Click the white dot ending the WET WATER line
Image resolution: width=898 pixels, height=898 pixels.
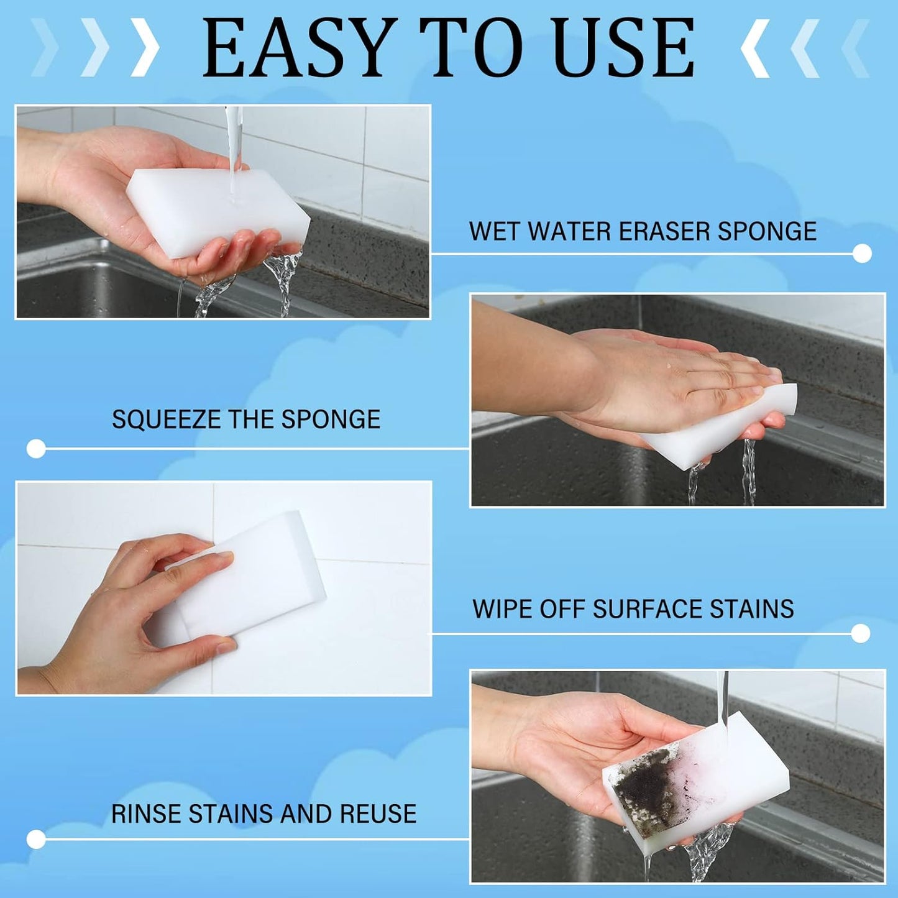(862, 253)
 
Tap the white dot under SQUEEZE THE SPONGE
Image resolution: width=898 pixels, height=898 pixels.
(36, 449)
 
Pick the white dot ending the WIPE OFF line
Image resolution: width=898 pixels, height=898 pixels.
(860, 634)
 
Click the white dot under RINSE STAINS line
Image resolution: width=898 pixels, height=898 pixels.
(36, 840)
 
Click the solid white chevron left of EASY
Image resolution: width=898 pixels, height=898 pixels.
(146, 48)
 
